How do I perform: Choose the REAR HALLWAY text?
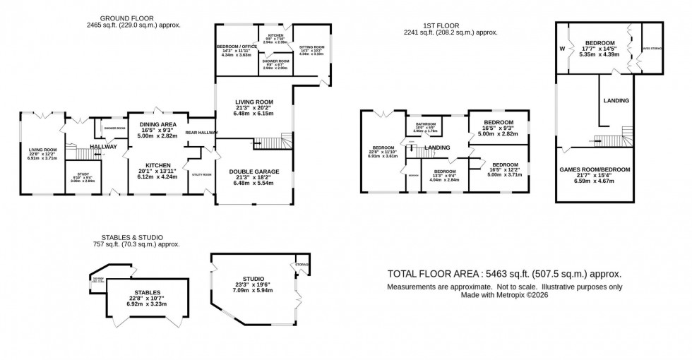[x=200, y=132]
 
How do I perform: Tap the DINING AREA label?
[x=157, y=124]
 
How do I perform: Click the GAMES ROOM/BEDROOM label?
[x=595, y=169]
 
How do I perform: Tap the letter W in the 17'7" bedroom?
[x=563, y=49]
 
